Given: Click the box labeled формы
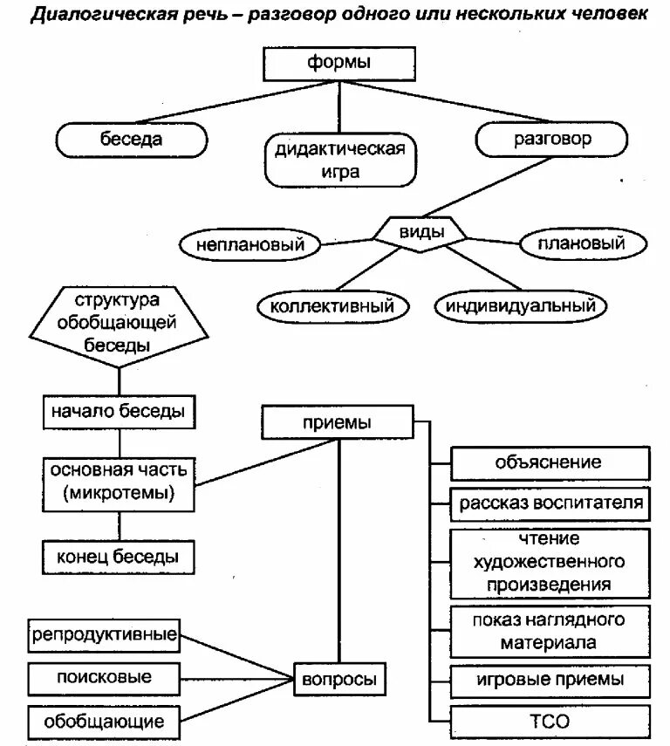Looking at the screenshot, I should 338,63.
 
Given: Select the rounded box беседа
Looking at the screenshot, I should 131,139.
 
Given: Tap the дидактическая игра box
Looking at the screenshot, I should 340,160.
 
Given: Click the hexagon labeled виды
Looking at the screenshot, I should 421,232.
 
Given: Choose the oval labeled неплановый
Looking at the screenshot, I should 250,245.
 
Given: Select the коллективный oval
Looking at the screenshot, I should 332,306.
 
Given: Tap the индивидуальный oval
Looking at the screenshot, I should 520,306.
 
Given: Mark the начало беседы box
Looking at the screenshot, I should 118,412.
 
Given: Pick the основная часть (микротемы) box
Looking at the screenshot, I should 118,483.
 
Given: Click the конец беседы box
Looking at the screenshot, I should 118,555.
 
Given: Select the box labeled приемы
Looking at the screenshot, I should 337,423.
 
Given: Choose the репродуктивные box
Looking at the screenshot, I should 105,634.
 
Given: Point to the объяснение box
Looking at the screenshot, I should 550,462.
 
